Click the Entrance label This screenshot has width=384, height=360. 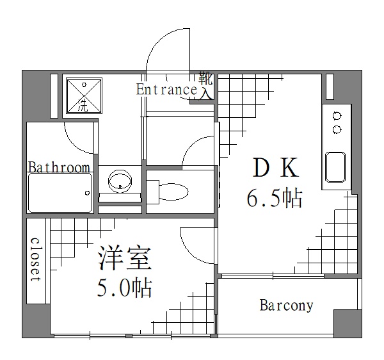[166, 90]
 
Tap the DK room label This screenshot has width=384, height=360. [275, 168]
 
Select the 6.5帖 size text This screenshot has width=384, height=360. [275, 199]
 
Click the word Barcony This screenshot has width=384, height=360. [286, 306]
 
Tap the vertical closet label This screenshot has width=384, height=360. [36, 260]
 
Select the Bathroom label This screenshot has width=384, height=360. [59, 168]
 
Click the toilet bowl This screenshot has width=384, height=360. [173, 191]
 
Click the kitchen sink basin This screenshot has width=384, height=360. [336, 167]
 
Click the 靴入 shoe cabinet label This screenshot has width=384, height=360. [205, 86]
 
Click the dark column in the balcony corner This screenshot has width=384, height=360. [348, 322]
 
